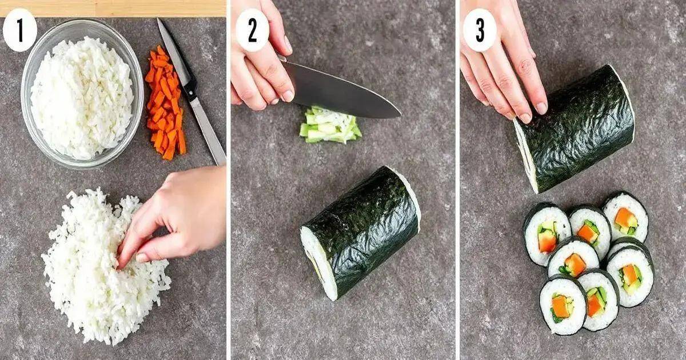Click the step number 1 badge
(20, 30)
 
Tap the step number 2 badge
(252, 30)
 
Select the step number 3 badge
(480, 30)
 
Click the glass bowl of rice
(82, 94)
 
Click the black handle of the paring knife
(189, 89)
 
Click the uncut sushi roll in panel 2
(361, 233)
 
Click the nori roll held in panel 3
(574, 129)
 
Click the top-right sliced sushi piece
(625, 217)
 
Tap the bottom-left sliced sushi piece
(563, 307)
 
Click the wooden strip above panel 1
(113, 8)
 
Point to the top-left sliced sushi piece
(547, 234)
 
